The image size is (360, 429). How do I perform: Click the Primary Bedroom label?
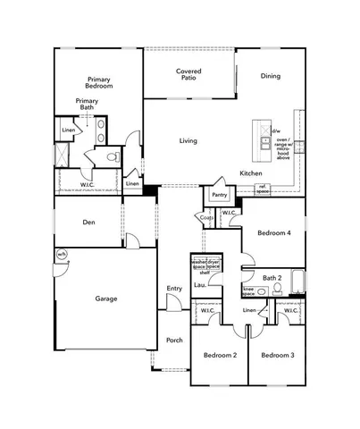click(x=98, y=82)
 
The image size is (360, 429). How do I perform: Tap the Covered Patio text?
click(x=188, y=74)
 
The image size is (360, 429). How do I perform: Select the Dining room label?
click(x=270, y=76)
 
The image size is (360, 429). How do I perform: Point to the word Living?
click(x=188, y=141)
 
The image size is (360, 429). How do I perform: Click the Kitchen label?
click(x=250, y=172)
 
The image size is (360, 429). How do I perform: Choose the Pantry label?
click(x=219, y=194)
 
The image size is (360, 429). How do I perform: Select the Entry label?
click(x=174, y=288)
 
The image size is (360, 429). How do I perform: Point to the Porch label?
click(x=174, y=340)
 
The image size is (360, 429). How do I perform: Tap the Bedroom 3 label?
click(x=278, y=356)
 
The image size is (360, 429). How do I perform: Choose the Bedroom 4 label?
click(x=272, y=232)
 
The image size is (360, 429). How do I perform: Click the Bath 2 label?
click(x=272, y=277)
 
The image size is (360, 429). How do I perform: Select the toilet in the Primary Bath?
click(x=113, y=157)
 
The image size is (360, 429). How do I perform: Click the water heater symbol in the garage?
click(x=62, y=255)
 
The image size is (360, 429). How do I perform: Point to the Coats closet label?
click(x=206, y=217)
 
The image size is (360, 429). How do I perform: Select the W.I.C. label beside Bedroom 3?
click(x=291, y=310)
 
